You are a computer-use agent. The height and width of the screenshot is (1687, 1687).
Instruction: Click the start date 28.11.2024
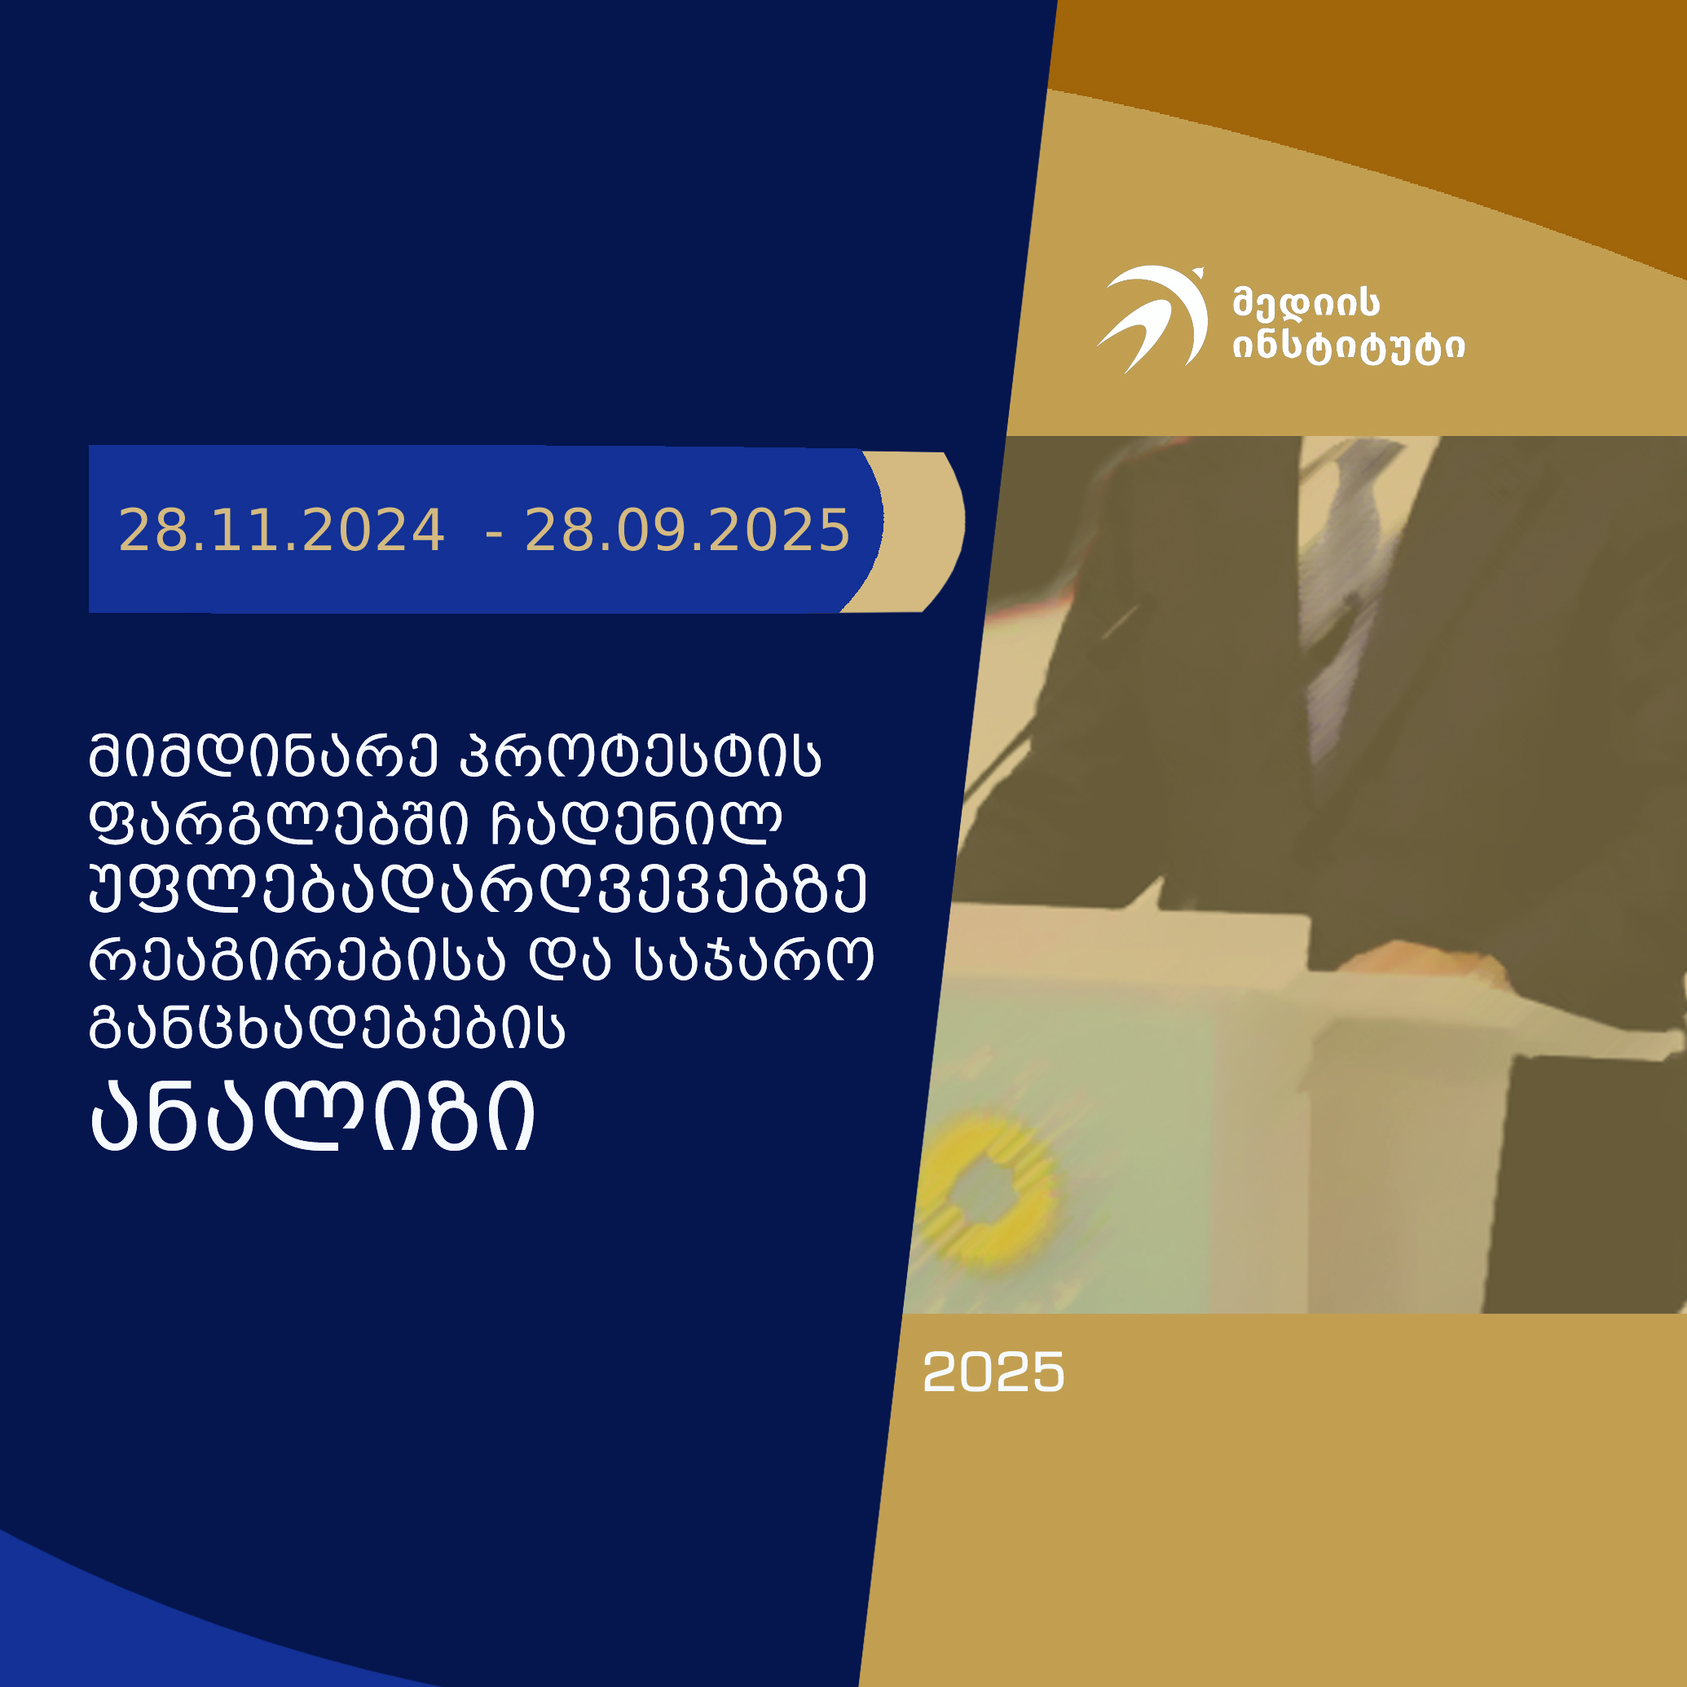(281, 530)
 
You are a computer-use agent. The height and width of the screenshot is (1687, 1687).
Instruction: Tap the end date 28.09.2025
(687, 530)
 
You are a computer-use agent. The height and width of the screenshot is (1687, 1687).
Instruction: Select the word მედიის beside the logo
(1306, 303)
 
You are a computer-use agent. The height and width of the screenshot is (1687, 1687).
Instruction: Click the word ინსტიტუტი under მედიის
(1348, 347)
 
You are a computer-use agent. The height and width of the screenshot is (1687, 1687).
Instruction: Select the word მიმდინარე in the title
(262, 755)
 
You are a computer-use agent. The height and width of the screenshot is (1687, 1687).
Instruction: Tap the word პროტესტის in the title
(640, 755)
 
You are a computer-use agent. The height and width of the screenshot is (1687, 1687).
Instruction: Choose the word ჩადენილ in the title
(636, 823)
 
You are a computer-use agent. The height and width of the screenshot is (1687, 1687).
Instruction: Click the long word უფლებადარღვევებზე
(478, 892)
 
